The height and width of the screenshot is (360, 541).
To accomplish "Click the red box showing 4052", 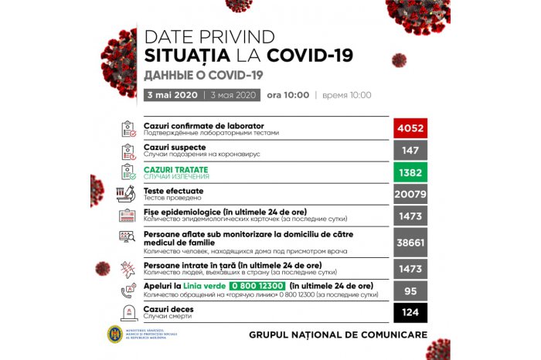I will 411,128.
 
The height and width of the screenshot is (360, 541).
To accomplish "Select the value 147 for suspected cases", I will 411,150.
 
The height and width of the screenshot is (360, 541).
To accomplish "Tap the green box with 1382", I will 411,172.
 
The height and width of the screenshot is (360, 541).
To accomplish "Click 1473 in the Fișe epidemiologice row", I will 411,217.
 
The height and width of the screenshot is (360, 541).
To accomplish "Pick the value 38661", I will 411,241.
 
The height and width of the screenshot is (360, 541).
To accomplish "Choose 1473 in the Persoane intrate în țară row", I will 411,268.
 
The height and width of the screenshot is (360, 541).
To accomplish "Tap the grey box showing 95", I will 411,290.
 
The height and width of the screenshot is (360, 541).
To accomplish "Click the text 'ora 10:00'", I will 288,95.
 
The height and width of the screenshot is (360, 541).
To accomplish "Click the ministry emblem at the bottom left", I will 114,335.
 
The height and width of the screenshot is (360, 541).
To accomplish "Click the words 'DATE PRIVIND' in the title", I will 209,37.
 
